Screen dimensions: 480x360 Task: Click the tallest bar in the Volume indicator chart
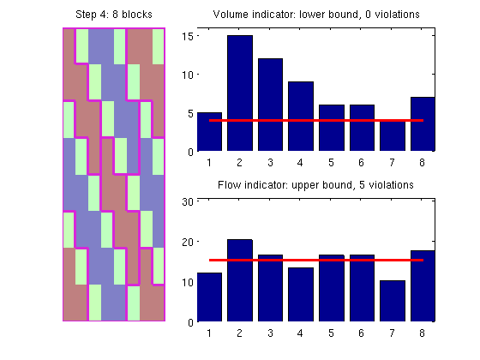pyautogui.click(x=240, y=93)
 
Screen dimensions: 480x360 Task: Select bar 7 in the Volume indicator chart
pyautogui.click(x=393, y=135)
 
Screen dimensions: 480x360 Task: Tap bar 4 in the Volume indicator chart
pyautogui.click(x=301, y=117)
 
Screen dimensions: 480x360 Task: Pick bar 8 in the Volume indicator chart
pyautogui.click(x=423, y=124)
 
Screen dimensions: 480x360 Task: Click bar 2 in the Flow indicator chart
pyautogui.click(x=240, y=280)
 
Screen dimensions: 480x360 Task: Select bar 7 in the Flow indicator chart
pyautogui.click(x=393, y=301)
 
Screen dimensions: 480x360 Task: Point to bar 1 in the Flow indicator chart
pyautogui.click(x=209, y=297)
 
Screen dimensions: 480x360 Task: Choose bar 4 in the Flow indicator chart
pyautogui.click(x=301, y=295)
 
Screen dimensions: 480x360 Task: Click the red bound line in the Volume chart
pyautogui.click(x=316, y=120)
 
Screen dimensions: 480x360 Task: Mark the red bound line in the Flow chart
pyautogui.click(x=316, y=261)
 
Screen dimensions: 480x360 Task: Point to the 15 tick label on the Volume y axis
pyautogui.click(x=188, y=36)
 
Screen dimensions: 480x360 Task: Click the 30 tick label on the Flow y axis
pyautogui.click(x=188, y=201)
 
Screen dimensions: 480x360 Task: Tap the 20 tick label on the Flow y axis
pyautogui.click(x=188, y=242)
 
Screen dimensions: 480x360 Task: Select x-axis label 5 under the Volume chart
pyautogui.click(x=331, y=163)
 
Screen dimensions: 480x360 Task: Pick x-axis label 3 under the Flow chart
pyautogui.click(x=270, y=333)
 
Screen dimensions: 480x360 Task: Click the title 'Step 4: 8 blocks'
pyautogui.click(x=114, y=15)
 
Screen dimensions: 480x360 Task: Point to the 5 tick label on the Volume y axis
pyautogui.click(x=190, y=113)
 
